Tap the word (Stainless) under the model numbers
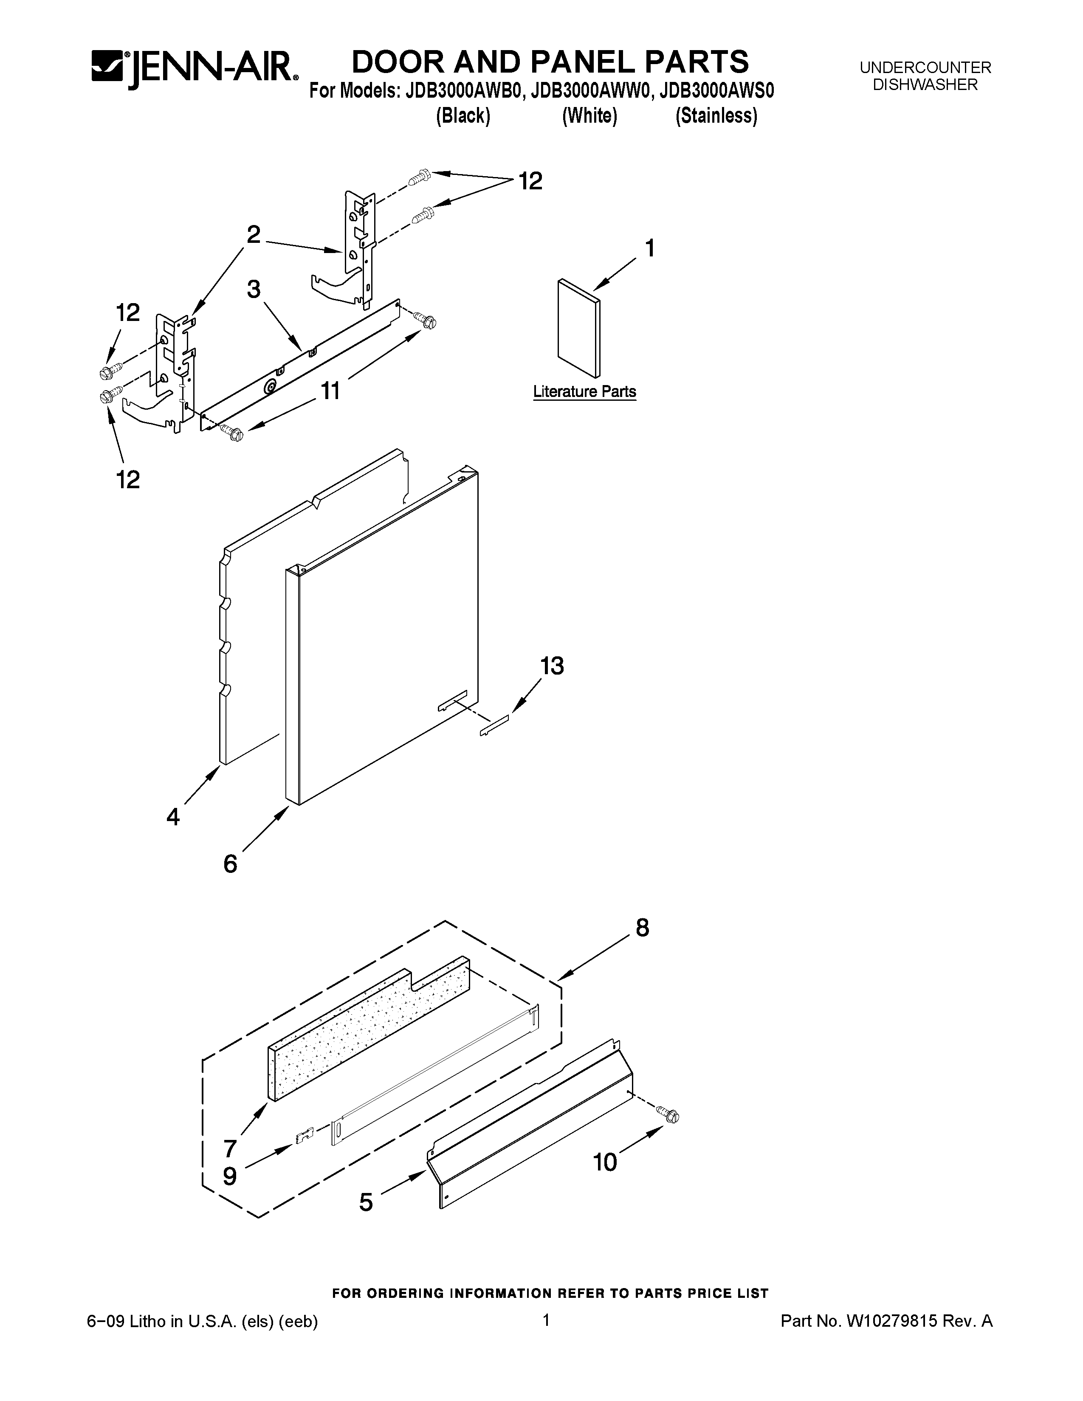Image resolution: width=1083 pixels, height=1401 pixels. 716,116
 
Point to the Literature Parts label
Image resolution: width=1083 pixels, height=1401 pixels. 584,392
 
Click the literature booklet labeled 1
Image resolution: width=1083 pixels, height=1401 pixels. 579,329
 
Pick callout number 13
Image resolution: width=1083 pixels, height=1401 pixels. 552,666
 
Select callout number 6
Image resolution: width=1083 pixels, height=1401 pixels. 230,864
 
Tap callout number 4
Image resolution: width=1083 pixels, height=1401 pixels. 173,816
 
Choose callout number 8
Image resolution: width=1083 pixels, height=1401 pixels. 642,928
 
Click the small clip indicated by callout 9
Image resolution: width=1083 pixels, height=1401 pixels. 304,1136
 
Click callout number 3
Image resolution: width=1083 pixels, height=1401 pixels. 254,289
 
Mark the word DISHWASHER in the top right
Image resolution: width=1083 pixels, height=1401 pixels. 925,84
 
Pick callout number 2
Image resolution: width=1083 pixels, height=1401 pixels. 254,235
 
